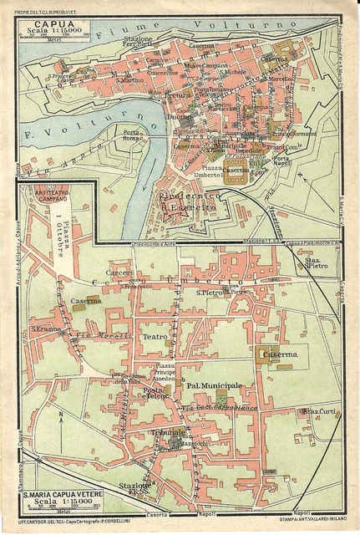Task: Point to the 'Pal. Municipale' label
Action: (214, 385)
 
